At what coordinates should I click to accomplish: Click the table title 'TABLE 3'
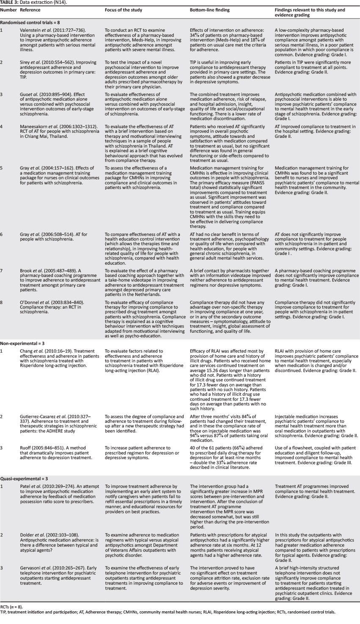[9, 3]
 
